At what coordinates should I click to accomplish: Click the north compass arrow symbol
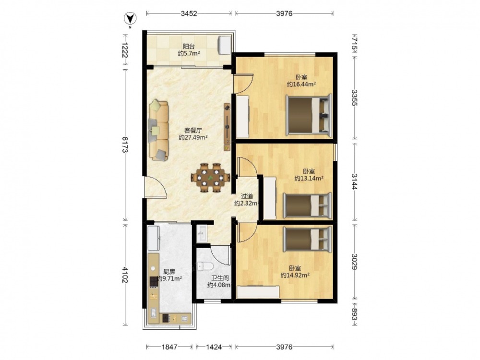[x=130, y=19]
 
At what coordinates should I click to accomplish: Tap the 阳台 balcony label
[x=189, y=47]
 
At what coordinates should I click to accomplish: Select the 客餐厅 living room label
[x=193, y=131]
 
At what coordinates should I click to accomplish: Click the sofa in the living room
[x=158, y=131]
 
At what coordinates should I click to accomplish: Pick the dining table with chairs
[x=210, y=178]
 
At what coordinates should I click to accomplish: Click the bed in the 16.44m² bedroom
[x=309, y=115]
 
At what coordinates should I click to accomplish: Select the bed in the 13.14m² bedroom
[x=307, y=205]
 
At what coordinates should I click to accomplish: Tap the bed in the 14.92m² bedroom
[x=307, y=240]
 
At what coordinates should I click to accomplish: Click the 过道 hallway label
[x=247, y=196]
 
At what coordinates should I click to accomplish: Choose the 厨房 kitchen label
[x=169, y=272]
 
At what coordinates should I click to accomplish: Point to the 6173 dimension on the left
[x=125, y=144]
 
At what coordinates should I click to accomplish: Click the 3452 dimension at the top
[x=189, y=13]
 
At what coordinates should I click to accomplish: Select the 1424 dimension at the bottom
[x=214, y=347]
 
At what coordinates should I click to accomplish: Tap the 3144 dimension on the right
[x=354, y=181]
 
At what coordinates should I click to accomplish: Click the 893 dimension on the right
[x=354, y=314]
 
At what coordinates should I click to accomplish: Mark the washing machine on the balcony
[x=224, y=45]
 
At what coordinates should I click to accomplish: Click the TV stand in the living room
[x=227, y=127]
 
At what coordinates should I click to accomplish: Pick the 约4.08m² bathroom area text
[x=219, y=285]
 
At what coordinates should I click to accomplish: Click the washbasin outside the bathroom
[x=202, y=234]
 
